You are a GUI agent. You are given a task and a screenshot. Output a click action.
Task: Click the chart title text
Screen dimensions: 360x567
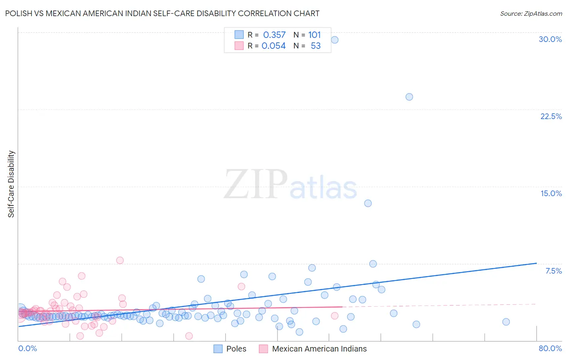(x=162, y=13)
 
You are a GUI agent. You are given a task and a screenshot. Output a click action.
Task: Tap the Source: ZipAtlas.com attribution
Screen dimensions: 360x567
(x=531, y=13)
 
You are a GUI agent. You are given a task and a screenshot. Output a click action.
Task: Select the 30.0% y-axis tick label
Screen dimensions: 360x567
(x=550, y=39)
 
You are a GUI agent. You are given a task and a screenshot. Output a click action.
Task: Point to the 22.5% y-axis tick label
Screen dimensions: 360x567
(x=551, y=116)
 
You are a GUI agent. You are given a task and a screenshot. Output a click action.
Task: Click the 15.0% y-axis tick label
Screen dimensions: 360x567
(x=551, y=193)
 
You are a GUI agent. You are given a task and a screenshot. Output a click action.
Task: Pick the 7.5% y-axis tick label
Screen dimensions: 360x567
(x=553, y=271)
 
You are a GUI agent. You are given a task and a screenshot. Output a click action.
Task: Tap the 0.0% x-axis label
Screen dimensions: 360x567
(x=27, y=348)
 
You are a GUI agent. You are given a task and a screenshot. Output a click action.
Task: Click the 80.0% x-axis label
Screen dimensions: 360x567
(x=550, y=348)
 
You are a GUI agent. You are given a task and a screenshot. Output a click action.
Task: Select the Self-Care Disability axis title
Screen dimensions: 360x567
(x=11, y=184)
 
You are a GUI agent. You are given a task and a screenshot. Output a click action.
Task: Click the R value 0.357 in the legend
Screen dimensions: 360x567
(x=274, y=35)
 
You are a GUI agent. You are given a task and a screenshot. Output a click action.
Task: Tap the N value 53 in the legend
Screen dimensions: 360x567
(x=315, y=46)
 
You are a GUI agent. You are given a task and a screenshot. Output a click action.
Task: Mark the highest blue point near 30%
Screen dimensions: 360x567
(x=334, y=40)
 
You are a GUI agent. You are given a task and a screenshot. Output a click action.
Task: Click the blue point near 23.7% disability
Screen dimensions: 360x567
(x=409, y=97)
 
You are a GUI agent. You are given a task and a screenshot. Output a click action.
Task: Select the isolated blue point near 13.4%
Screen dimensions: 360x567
(x=368, y=203)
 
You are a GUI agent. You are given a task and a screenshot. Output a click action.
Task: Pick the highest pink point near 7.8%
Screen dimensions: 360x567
(x=120, y=260)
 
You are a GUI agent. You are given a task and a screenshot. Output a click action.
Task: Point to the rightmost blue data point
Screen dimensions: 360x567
(x=506, y=322)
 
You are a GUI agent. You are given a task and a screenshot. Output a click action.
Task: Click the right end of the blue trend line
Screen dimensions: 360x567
(x=536, y=263)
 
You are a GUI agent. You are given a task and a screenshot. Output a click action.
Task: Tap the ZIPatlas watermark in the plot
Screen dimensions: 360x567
(x=290, y=185)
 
